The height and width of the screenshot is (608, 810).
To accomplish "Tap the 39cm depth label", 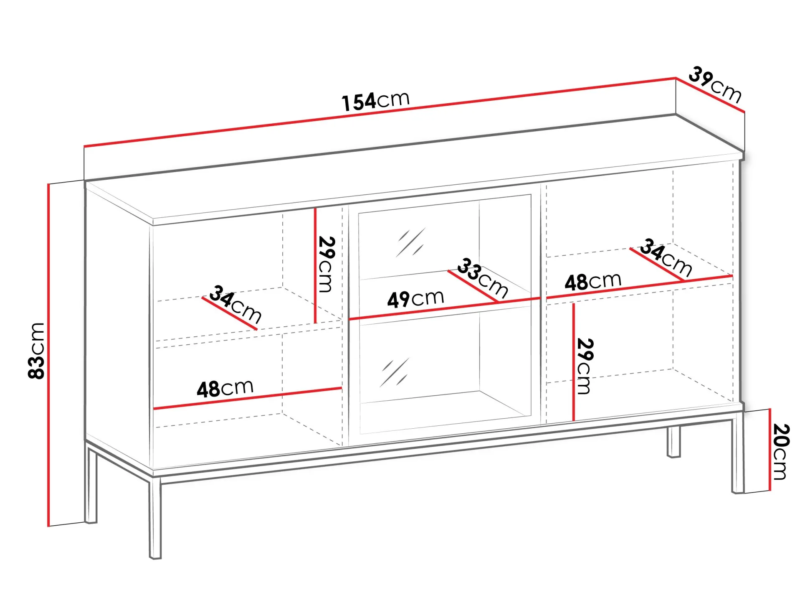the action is coord(715,85).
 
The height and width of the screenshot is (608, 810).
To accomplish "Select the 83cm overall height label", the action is coord(36,351).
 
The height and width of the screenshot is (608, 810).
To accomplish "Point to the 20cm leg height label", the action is coord(780,452).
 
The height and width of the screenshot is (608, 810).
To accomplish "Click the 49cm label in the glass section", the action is coord(415,299).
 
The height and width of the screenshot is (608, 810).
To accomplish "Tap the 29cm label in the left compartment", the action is coord(326,264).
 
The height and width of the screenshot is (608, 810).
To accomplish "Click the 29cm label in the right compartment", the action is coord(585,366).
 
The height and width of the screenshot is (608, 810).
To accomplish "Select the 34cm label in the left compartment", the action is coord(235,304).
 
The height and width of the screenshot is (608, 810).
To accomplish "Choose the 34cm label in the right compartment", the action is coord(666,257).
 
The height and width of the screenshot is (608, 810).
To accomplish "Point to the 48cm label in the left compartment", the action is coord(225,388).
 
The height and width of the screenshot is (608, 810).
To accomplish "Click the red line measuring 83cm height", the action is coord(49,355).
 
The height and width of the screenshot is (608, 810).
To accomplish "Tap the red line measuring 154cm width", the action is coord(380,112).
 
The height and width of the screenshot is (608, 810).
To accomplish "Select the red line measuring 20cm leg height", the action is coord(769,450).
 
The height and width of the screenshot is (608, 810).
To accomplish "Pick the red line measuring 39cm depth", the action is coord(710,95).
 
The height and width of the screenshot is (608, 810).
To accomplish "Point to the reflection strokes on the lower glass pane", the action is coord(394,372).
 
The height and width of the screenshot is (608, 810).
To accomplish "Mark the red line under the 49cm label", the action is coord(445,309).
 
